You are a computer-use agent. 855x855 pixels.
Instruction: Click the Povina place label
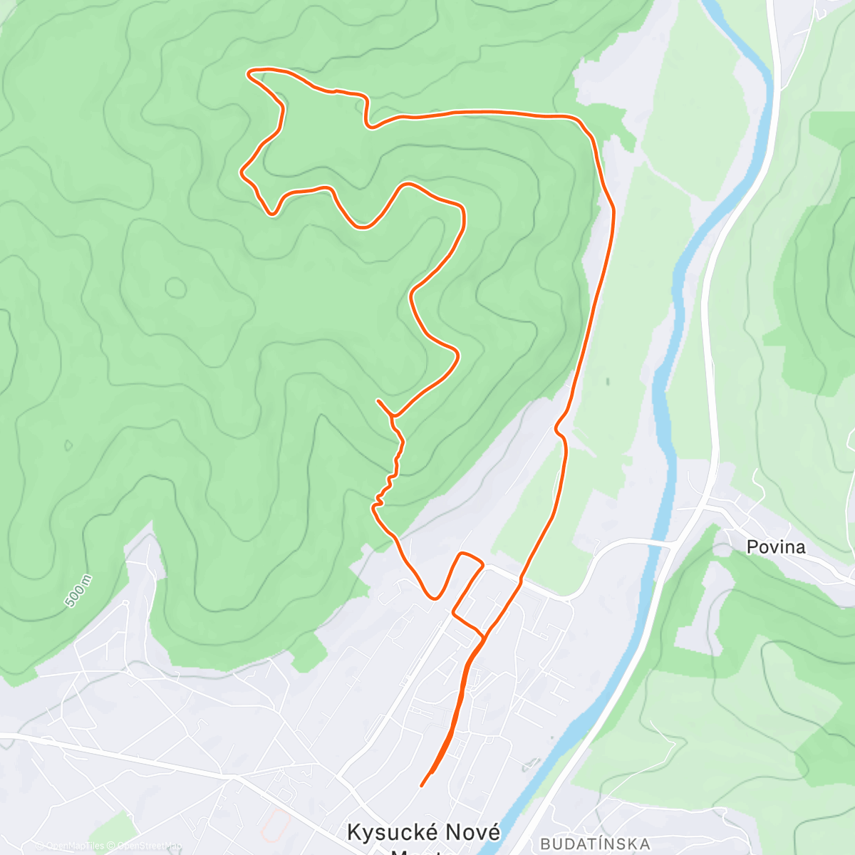[776, 546]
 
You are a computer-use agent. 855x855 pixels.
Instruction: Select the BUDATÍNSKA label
[595, 844]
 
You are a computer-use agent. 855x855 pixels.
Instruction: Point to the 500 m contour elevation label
[78, 591]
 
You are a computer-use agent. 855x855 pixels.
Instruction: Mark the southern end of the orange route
[422, 785]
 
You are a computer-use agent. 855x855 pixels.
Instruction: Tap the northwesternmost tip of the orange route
[249, 71]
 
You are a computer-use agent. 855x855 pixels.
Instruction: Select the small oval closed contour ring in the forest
[175, 288]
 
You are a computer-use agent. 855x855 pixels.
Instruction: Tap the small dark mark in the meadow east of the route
[608, 381]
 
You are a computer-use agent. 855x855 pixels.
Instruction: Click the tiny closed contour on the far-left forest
[68, 446]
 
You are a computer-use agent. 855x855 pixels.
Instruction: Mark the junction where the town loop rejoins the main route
[484, 633]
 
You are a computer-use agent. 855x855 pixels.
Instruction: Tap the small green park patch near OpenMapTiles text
[114, 830]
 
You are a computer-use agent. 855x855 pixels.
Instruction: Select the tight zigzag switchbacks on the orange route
[388, 484]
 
